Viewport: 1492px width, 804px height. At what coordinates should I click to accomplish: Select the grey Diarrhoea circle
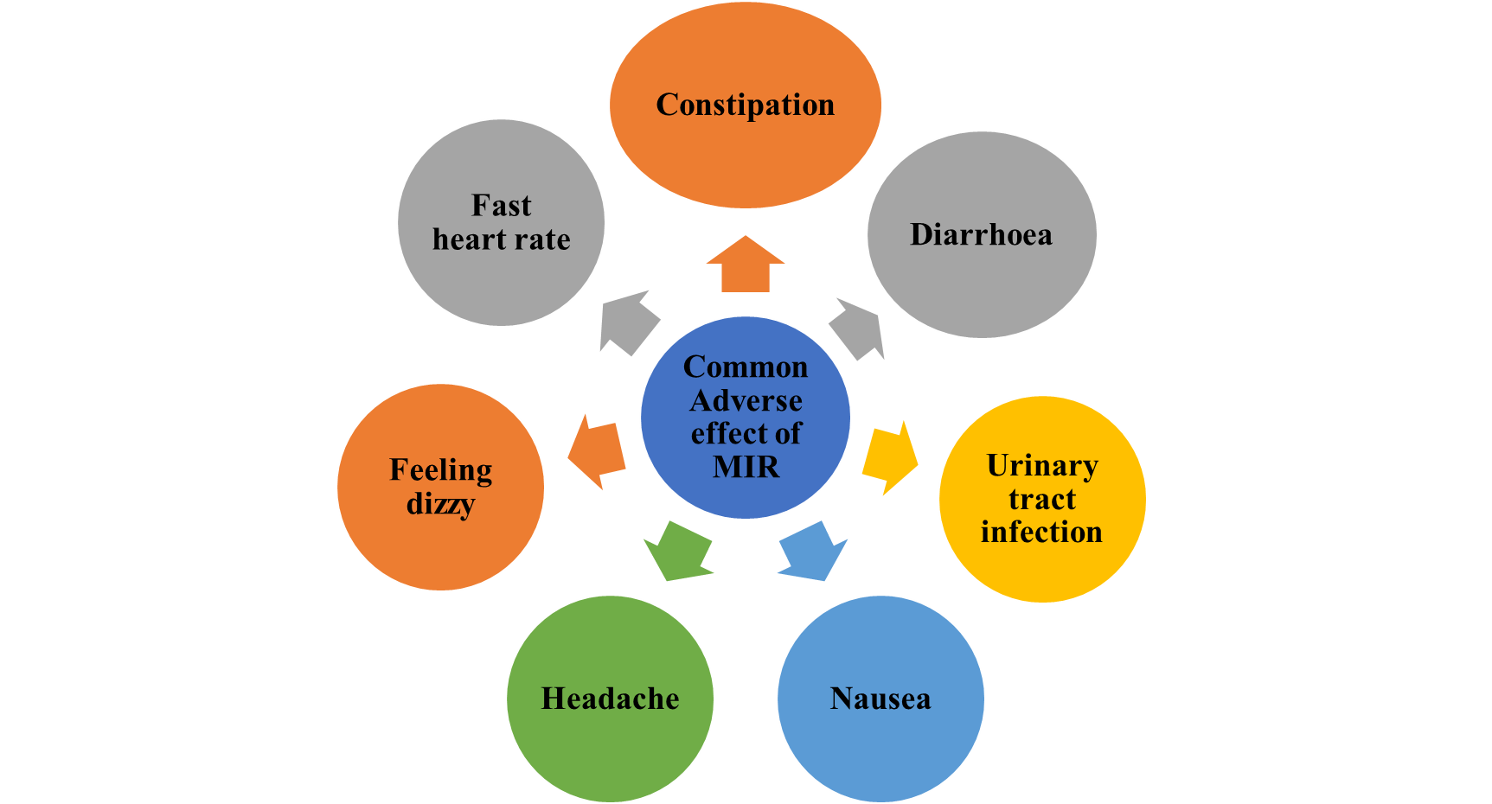point(982,277)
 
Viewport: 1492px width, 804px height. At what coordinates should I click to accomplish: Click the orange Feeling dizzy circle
point(440,536)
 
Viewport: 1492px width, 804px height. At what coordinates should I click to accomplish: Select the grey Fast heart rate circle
point(501,277)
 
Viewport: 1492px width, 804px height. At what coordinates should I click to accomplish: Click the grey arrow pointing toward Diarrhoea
point(857,328)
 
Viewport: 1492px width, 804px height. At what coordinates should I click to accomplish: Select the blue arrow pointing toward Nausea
point(812,551)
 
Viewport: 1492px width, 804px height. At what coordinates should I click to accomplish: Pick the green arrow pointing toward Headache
point(679,551)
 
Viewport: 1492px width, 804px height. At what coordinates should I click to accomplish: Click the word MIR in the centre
point(746,467)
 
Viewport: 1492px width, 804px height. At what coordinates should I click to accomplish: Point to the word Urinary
point(1042,465)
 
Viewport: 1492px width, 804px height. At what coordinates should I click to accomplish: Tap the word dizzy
point(440,503)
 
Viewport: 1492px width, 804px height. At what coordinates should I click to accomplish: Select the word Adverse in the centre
point(746,400)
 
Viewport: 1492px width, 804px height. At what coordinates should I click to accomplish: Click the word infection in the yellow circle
point(1041,532)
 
